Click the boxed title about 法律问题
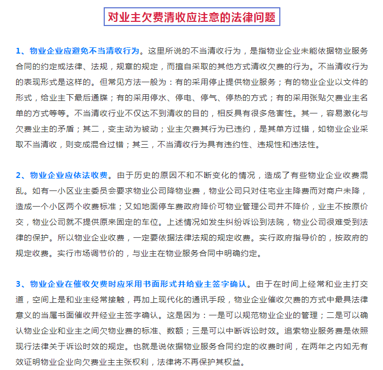coord(191,17)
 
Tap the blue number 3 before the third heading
coord(18,284)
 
